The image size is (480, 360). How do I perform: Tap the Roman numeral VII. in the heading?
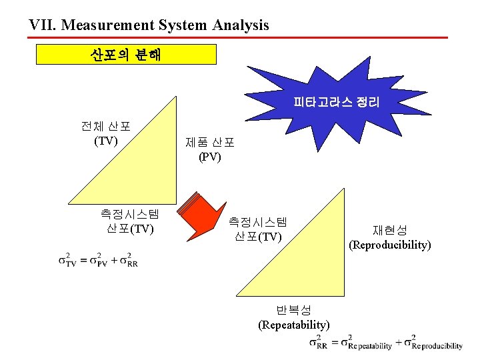coord(43,25)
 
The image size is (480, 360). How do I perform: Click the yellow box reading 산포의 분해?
coord(126,54)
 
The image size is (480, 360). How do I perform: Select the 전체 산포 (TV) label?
coord(106,133)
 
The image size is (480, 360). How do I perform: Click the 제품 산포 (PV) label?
coord(209,149)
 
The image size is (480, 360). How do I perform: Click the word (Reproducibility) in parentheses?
coord(390,245)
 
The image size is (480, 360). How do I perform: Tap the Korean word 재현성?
coord(390,231)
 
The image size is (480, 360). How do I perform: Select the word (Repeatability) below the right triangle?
coord(293,325)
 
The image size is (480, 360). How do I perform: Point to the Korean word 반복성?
coord(293,311)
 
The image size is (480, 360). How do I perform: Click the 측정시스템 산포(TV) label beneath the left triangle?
coord(129,221)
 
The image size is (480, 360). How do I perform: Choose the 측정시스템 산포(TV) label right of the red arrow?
coord(258,229)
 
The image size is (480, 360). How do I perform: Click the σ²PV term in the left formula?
coord(99,259)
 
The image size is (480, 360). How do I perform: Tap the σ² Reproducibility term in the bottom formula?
coord(437,342)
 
